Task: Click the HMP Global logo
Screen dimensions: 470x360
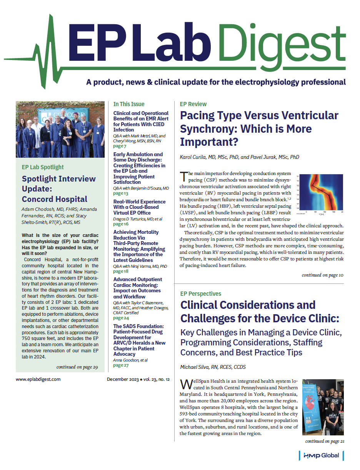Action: coord(321,455)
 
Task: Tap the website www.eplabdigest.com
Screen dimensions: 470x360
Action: coord(38,379)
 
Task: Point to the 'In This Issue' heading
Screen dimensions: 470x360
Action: coord(129,104)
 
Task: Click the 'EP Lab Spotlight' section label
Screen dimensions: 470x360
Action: coord(43,167)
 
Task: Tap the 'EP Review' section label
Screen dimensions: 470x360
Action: coord(193,104)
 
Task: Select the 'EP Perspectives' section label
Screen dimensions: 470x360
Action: coord(200,294)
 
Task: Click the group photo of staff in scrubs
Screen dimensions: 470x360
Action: coord(60,130)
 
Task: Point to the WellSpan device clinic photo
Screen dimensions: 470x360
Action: coord(323,407)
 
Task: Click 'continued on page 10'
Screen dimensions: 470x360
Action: coord(322,275)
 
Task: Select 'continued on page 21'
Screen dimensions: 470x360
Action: coord(325,441)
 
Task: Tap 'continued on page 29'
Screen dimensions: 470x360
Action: coord(77,367)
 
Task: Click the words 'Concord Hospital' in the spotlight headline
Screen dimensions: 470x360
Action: coord(55,199)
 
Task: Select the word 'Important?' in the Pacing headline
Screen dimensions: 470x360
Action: coord(209,142)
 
